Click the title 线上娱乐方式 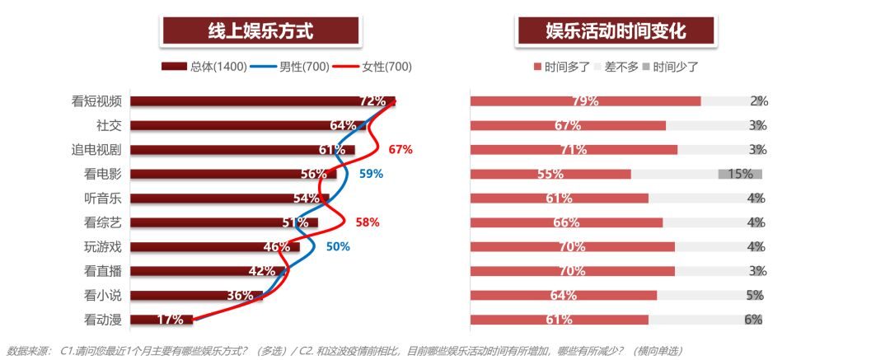(x=260, y=31)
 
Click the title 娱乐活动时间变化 (x=616, y=31)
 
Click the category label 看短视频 (x=96, y=101)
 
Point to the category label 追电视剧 (x=96, y=150)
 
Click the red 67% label (x=400, y=150)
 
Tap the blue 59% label (x=371, y=174)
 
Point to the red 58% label (x=367, y=222)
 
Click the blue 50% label (x=338, y=246)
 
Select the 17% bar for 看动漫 (x=162, y=320)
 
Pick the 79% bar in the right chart (x=585, y=101)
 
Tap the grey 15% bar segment (x=740, y=174)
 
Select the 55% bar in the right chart (x=550, y=174)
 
